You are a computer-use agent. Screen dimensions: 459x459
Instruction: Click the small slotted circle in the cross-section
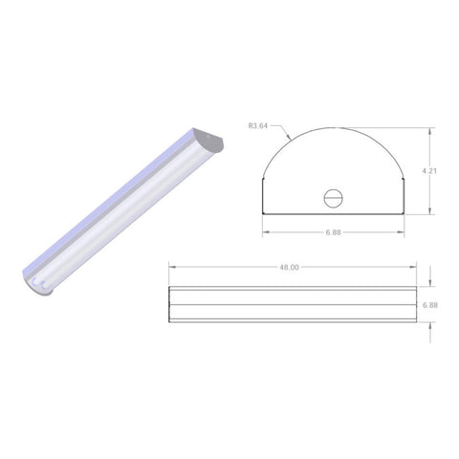334,198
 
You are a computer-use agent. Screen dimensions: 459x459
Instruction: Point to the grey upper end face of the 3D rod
210,142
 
